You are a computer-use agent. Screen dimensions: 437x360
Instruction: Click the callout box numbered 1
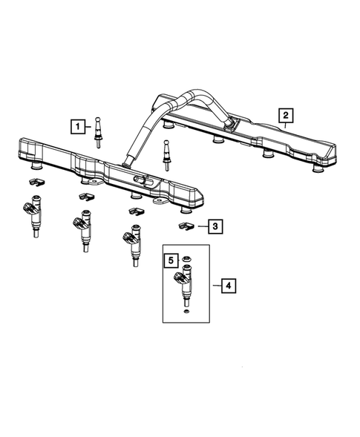click(x=77, y=126)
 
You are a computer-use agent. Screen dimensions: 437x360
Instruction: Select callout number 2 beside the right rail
click(x=285, y=114)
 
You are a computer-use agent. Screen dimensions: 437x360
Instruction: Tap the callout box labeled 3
click(x=214, y=226)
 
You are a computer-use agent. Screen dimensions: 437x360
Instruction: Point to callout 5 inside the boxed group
click(x=170, y=261)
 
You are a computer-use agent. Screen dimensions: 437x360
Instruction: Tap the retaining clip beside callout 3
click(x=185, y=223)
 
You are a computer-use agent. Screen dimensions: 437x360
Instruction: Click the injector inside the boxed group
click(x=185, y=287)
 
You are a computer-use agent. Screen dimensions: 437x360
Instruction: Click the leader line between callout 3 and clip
click(x=199, y=225)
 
